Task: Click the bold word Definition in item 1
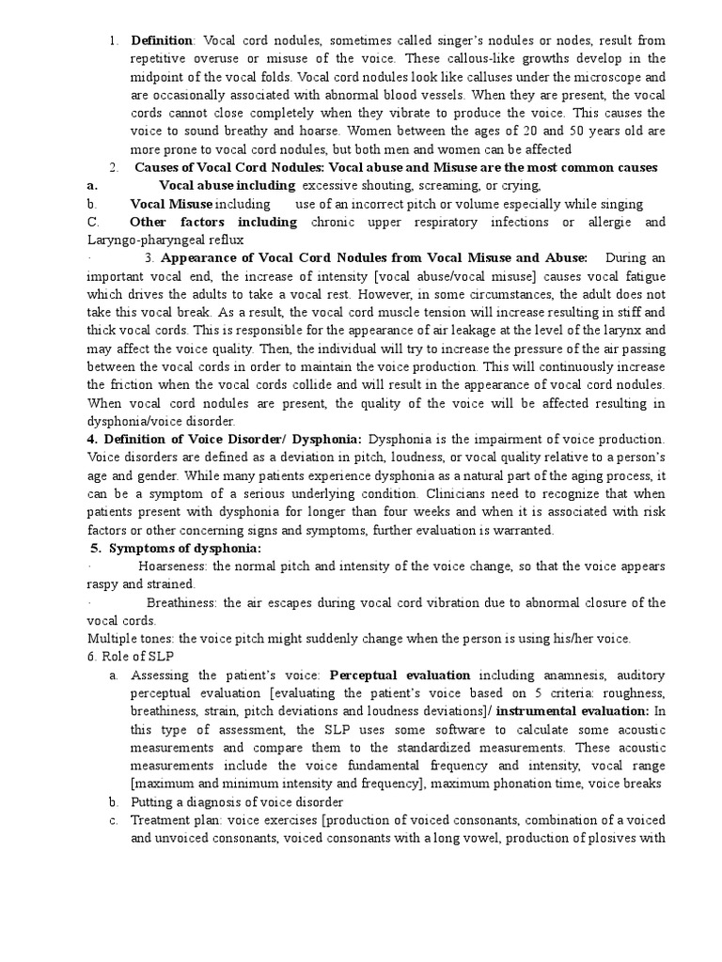[162, 40]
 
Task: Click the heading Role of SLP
[133, 657]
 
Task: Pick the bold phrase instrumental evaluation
[569, 711]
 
